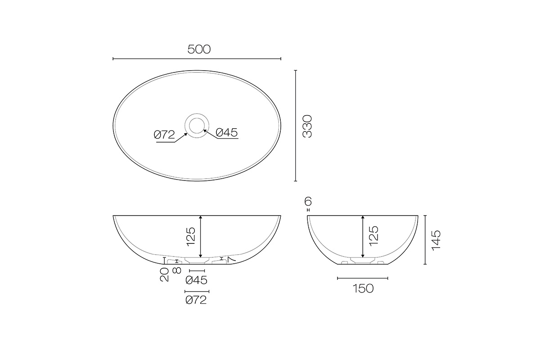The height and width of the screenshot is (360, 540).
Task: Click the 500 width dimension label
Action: coord(199,49)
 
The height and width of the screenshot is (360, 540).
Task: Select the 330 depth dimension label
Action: coord(307,126)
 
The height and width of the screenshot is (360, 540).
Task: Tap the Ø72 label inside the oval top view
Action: coord(164,134)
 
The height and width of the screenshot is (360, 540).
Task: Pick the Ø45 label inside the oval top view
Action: coord(226,133)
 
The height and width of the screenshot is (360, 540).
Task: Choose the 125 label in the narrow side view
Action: coord(373,236)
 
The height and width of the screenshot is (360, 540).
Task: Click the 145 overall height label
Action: coord(436,241)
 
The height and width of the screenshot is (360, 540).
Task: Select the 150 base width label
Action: coord(363,288)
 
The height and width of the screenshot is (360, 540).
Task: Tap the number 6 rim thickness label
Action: coord(308,201)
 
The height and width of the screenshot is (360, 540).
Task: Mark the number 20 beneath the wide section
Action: coord(165,274)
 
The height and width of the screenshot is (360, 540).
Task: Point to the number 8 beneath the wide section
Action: coord(177,270)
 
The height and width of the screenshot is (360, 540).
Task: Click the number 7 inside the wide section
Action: coord(231,260)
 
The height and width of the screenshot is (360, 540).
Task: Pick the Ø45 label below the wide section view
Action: coord(196,280)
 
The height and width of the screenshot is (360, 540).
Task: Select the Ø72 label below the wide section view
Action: coord(196,300)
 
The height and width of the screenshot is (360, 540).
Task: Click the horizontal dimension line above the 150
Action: coord(363,278)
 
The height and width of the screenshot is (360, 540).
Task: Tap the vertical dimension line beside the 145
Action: coord(426,240)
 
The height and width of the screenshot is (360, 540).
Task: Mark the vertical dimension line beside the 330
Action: coord(295,126)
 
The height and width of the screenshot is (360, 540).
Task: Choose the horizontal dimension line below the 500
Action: coord(197,58)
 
